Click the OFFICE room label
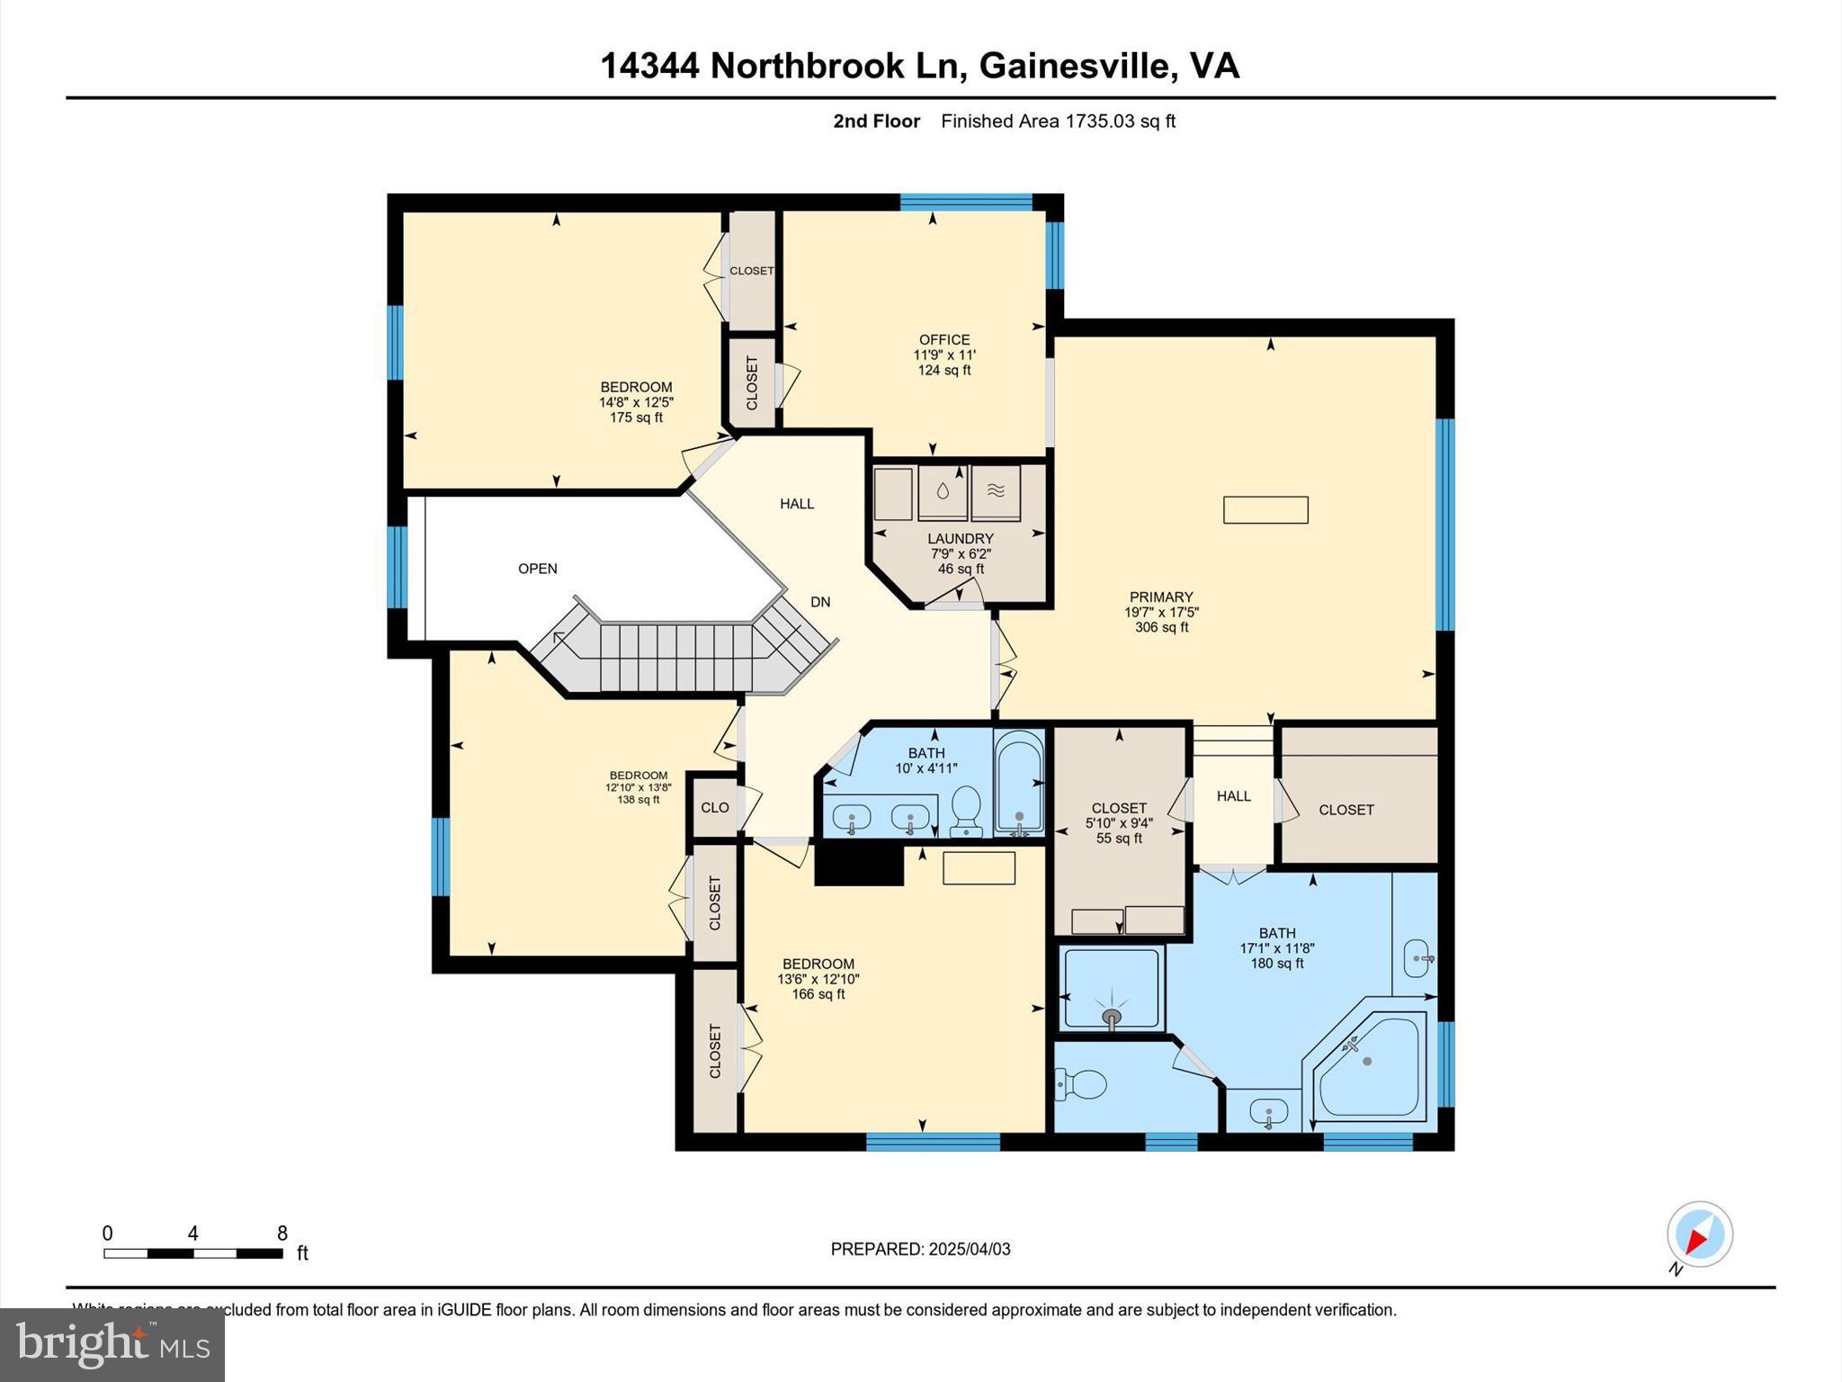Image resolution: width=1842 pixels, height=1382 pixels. (944, 340)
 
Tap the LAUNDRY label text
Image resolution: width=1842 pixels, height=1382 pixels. (960, 539)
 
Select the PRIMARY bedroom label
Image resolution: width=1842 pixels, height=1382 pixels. (1161, 597)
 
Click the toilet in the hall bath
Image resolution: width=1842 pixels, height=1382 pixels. (966, 809)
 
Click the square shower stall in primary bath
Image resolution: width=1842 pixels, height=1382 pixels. (1112, 987)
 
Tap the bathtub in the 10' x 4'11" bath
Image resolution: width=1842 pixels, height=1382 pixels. (1019, 780)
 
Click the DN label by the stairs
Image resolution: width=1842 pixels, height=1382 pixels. (820, 603)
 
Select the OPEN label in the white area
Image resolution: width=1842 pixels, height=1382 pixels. (538, 569)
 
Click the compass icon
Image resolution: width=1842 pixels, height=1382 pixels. (1699, 1234)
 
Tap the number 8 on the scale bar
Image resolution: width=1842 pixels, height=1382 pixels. (282, 1234)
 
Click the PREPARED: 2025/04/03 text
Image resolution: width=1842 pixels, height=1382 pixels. (920, 1249)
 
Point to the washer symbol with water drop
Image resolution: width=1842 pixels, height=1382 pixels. (943, 491)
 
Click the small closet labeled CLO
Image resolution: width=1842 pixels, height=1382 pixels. (715, 808)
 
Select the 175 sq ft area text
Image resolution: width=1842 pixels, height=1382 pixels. (636, 417)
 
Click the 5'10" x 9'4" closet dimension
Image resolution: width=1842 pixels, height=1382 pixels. (1119, 823)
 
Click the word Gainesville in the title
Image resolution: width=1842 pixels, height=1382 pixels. (1075, 66)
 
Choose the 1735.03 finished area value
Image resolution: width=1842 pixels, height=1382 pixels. (1100, 121)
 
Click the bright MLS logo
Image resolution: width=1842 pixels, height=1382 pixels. (112, 1345)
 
